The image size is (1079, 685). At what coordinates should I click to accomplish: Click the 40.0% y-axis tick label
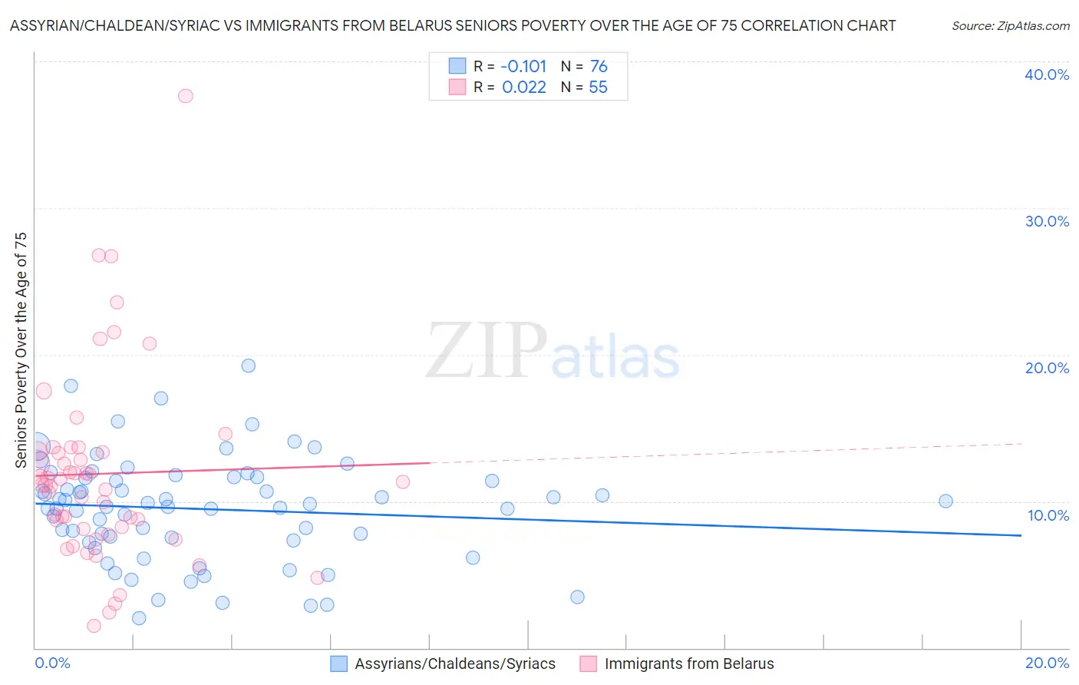(1047, 74)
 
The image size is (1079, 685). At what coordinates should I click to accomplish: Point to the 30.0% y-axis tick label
(1047, 221)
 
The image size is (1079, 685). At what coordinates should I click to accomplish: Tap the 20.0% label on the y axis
(1047, 368)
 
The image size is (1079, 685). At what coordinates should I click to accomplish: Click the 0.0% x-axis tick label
(52, 663)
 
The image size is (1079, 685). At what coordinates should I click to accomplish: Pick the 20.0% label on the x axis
(1047, 663)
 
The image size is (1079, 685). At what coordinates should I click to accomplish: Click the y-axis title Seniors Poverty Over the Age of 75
(21, 350)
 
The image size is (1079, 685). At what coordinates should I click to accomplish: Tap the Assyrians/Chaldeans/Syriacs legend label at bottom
(454, 663)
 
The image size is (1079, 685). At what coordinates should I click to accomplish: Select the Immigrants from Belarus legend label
(689, 663)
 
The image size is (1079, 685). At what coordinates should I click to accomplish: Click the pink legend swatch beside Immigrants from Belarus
(588, 663)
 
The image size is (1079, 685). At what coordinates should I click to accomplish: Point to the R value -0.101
(523, 66)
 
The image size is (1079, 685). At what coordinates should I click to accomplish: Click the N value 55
(598, 88)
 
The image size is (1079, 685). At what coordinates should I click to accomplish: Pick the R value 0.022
(523, 88)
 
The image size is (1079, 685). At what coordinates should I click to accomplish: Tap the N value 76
(599, 66)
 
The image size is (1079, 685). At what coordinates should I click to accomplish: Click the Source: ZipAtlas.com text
(1010, 26)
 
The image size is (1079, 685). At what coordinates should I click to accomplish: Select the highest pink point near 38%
(185, 96)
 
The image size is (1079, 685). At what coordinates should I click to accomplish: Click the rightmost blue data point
(945, 501)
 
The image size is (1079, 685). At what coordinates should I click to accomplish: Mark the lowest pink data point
(94, 626)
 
